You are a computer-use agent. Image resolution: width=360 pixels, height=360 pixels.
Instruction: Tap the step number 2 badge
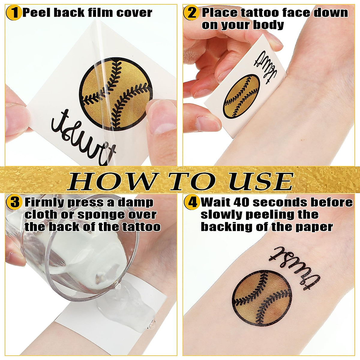(x=191, y=13)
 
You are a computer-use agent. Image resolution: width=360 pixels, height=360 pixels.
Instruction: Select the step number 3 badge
(x=14, y=203)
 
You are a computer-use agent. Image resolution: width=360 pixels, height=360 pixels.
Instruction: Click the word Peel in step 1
(x=37, y=13)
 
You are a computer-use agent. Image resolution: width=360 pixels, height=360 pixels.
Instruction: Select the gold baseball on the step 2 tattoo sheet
(x=242, y=96)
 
